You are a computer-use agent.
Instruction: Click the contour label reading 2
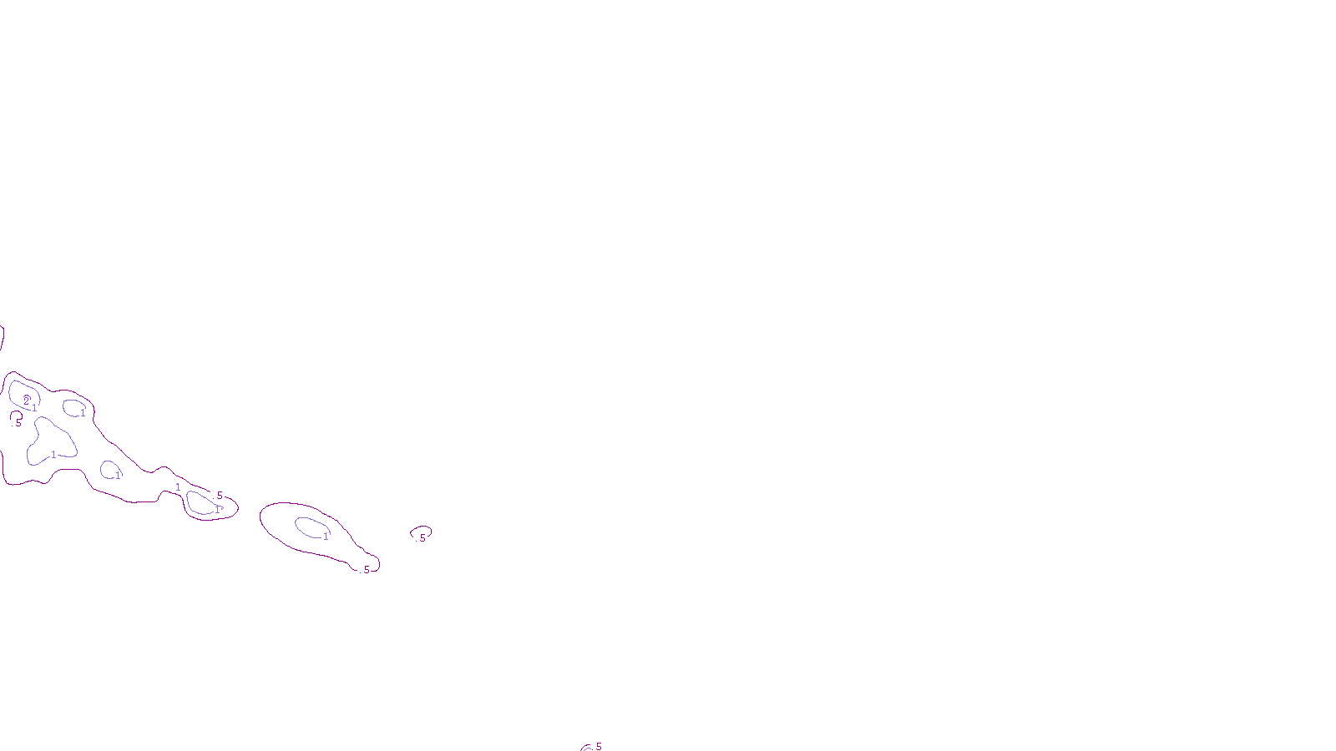coord(26,401)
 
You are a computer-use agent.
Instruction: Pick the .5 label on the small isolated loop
coord(422,538)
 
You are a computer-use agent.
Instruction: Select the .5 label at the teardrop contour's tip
coord(366,570)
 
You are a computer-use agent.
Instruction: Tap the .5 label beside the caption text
coord(598,746)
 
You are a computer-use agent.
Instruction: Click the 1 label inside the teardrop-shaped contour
coord(326,537)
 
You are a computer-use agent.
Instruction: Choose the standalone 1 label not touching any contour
coord(178,487)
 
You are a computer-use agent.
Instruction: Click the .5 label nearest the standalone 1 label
coord(219,496)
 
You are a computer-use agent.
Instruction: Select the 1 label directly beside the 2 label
coord(34,408)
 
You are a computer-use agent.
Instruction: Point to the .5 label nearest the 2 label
coord(18,422)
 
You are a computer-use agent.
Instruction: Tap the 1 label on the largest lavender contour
coord(53,455)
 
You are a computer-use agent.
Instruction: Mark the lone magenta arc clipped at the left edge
coord(3,338)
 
